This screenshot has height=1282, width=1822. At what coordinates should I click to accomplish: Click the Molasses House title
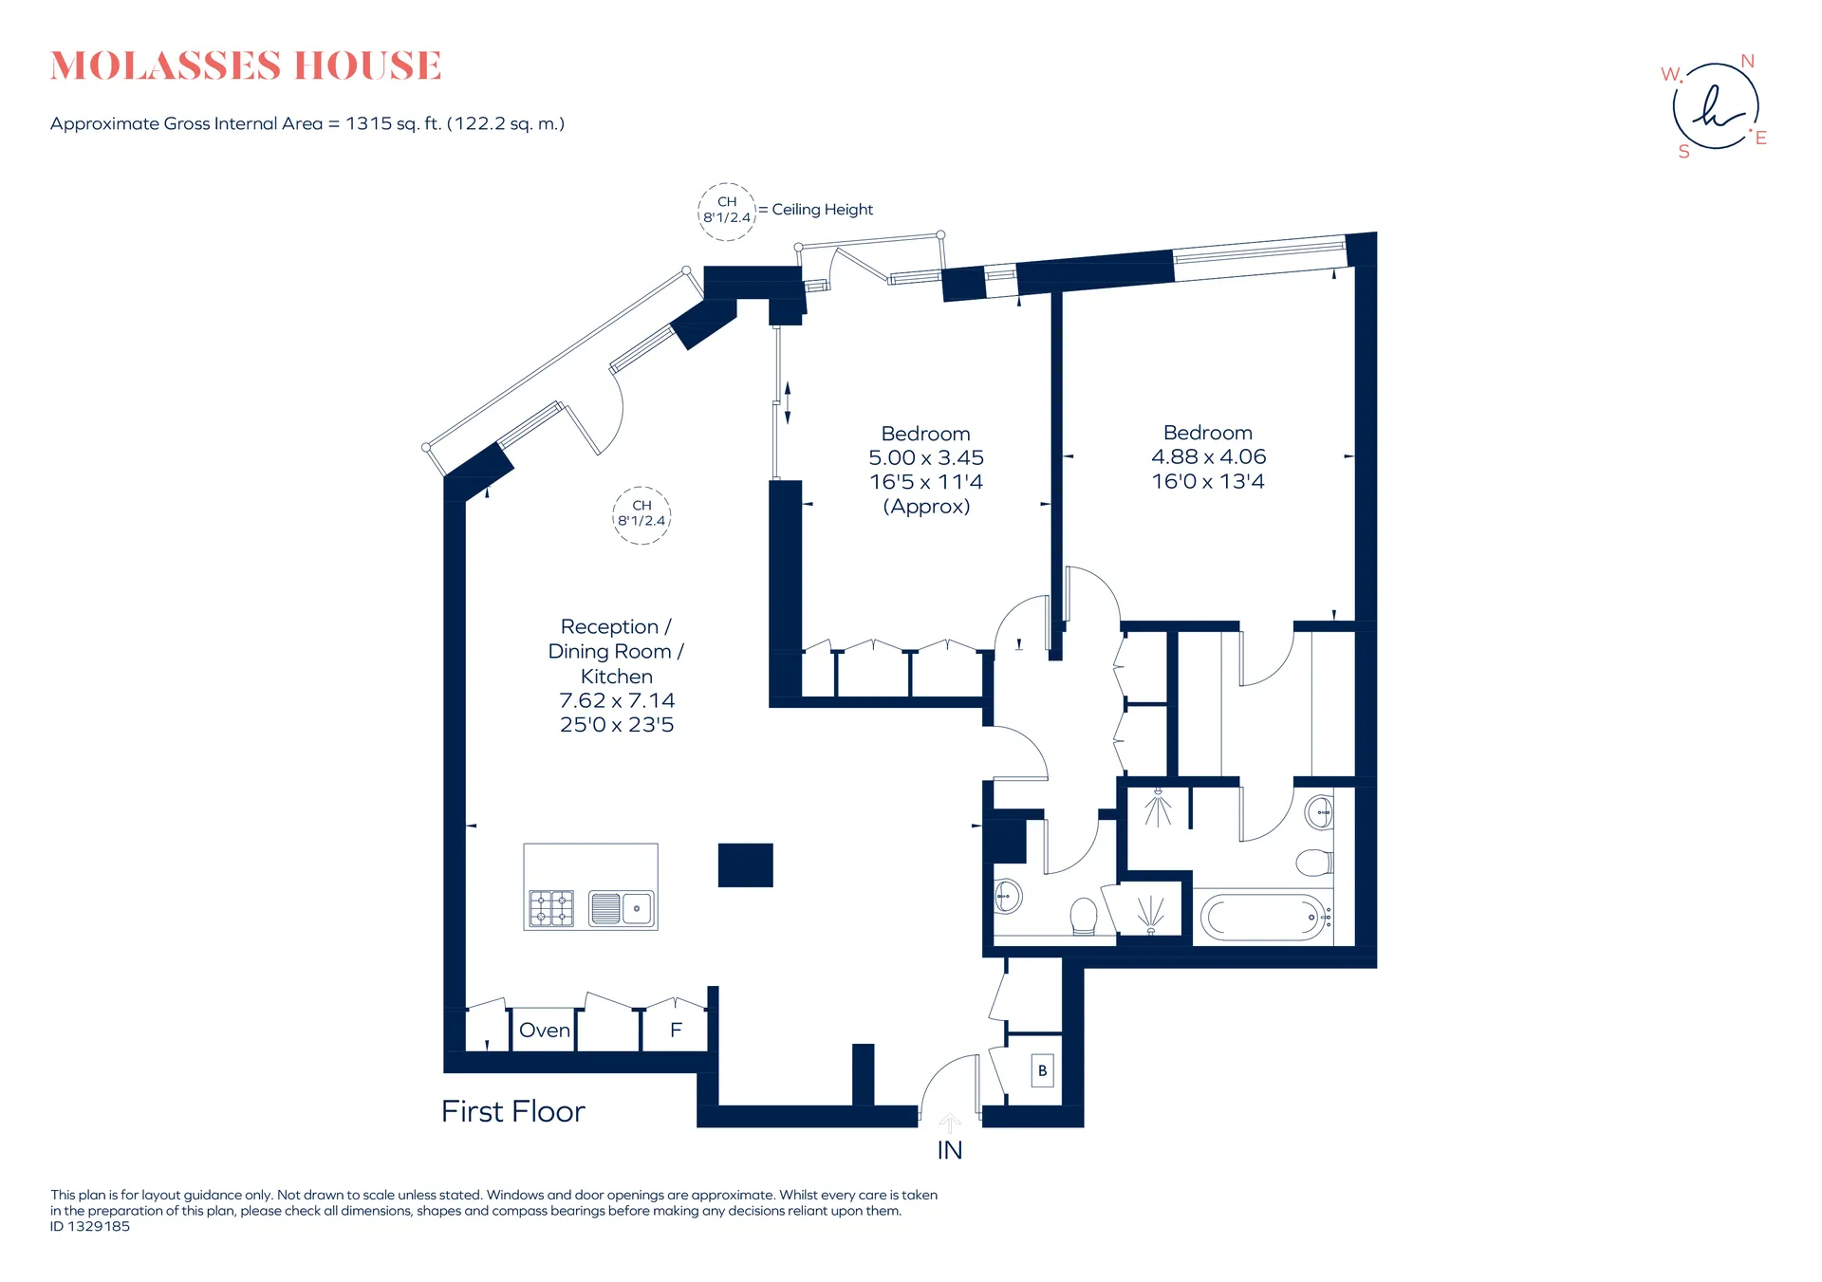[x=246, y=65]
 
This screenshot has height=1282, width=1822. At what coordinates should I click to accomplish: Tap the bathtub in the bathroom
[x=1263, y=918]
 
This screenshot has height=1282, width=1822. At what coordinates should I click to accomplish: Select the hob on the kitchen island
[x=551, y=908]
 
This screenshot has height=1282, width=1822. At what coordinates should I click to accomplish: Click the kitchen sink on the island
[x=621, y=908]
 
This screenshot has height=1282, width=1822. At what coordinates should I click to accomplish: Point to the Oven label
[x=545, y=1030]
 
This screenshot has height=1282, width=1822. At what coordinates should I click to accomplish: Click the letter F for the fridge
[x=676, y=1030]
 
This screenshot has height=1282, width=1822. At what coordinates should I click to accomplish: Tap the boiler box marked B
[x=1042, y=1070]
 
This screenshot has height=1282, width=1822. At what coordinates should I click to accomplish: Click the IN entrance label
[x=950, y=1150]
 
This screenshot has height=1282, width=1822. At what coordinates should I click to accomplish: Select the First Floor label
[x=513, y=1111]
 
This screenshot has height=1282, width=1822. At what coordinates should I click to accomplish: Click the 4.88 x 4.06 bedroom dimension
[x=1208, y=456]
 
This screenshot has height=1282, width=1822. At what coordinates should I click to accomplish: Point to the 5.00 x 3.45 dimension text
[x=926, y=457]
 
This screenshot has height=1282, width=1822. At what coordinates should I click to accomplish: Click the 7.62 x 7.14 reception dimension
[x=617, y=700]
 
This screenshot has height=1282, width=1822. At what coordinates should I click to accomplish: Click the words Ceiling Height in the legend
[x=822, y=210]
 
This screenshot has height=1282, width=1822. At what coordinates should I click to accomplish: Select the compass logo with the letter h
[x=1716, y=106]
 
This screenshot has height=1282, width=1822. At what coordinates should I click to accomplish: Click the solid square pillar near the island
[x=745, y=864]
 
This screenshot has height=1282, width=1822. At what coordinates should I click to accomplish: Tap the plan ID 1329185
[x=90, y=1226]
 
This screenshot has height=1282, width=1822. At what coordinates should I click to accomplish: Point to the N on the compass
[x=1747, y=61]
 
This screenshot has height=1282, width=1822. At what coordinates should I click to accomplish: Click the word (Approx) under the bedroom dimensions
[x=926, y=507]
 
